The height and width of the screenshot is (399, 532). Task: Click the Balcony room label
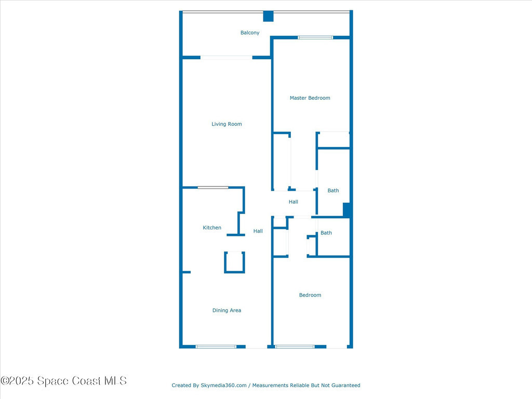(x=249, y=33)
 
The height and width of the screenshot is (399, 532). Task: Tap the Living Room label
(x=227, y=124)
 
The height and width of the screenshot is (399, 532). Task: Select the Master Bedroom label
(x=310, y=98)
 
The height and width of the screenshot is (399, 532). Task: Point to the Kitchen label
(x=212, y=228)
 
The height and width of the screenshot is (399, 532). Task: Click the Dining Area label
(x=227, y=310)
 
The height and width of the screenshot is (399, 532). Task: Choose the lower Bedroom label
(x=310, y=295)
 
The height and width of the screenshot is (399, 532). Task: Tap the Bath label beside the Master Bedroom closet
(x=333, y=191)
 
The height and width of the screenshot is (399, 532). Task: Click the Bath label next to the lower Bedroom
(x=326, y=233)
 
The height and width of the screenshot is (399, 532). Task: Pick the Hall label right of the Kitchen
(x=258, y=231)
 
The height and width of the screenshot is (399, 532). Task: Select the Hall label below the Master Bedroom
(x=294, y=202)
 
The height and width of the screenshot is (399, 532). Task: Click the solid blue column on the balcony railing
(x=268, y=16)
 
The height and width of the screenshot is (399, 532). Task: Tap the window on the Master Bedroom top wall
(x=315, y=37)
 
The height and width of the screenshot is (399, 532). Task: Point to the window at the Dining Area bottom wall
(x=216, y=347)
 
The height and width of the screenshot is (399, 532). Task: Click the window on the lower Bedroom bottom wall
(x=295, y=347)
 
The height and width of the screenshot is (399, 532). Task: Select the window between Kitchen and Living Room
(x=212, y=187)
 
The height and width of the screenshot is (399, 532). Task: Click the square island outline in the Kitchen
(x=234, y=262)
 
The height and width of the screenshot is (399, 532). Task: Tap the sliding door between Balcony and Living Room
(x=227, y=57)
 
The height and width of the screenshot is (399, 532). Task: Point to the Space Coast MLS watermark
(x=63, y=381)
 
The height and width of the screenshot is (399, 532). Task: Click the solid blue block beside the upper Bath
(x=347, y=209)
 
